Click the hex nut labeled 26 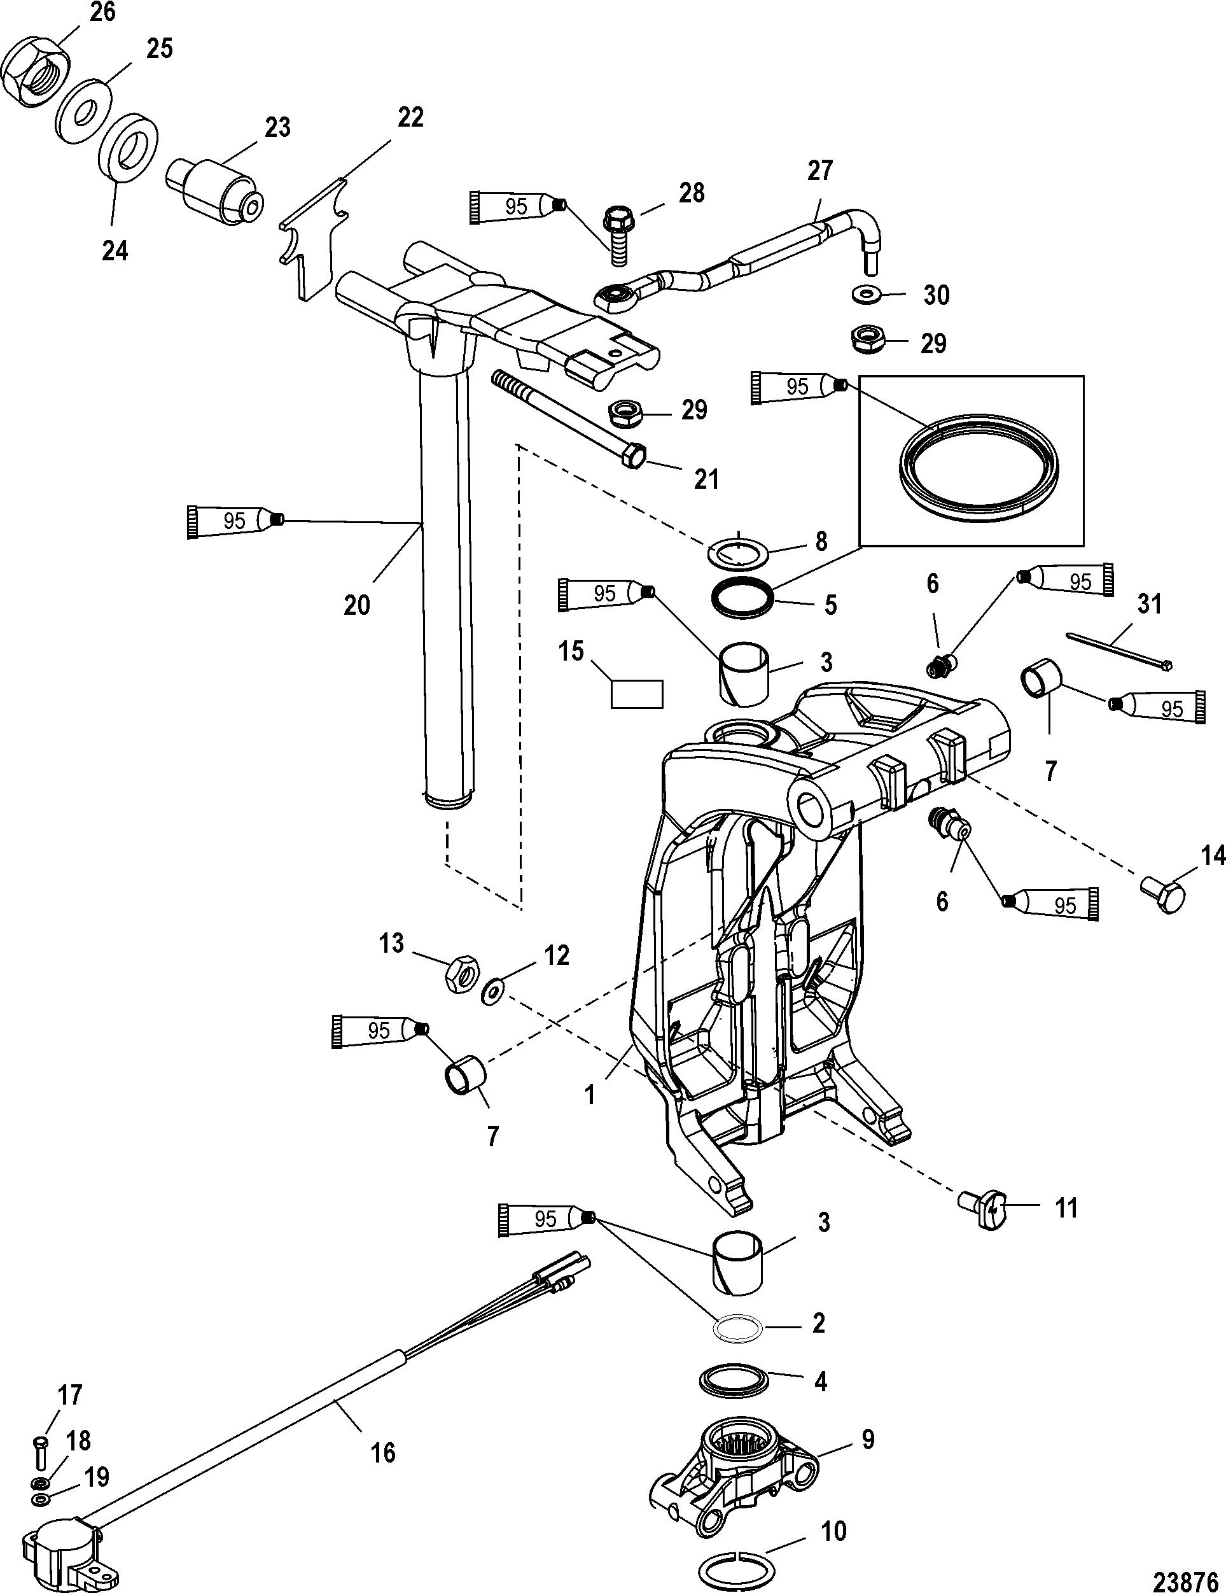[x=36, y=74]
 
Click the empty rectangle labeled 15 [x=637, y=693]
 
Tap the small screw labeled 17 [x=41, y=1452]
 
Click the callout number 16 [x=384, y=1453]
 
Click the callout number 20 [x=357, y=605]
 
